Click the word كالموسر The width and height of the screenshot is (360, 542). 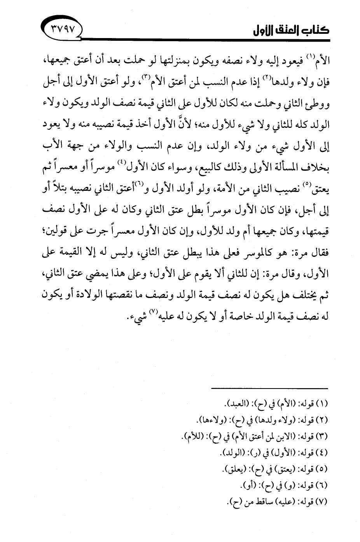pyautogui.click(x=255, y=253)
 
